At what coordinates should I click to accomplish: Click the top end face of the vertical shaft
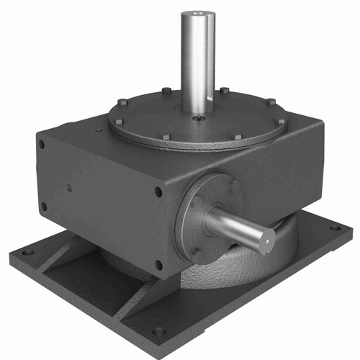click(198, 12)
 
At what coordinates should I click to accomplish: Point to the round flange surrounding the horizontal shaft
click(193, 216)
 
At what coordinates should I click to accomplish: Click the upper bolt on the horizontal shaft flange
click(234, 186)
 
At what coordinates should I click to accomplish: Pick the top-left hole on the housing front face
click(41, 144)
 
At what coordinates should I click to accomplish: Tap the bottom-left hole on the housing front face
click(43, 207)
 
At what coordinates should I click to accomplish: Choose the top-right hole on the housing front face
click(158, 192)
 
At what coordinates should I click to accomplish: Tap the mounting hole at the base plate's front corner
click(157, 333)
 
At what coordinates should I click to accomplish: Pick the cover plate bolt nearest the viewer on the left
click(166, 136)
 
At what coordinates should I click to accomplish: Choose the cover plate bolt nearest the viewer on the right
click(237, 136)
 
